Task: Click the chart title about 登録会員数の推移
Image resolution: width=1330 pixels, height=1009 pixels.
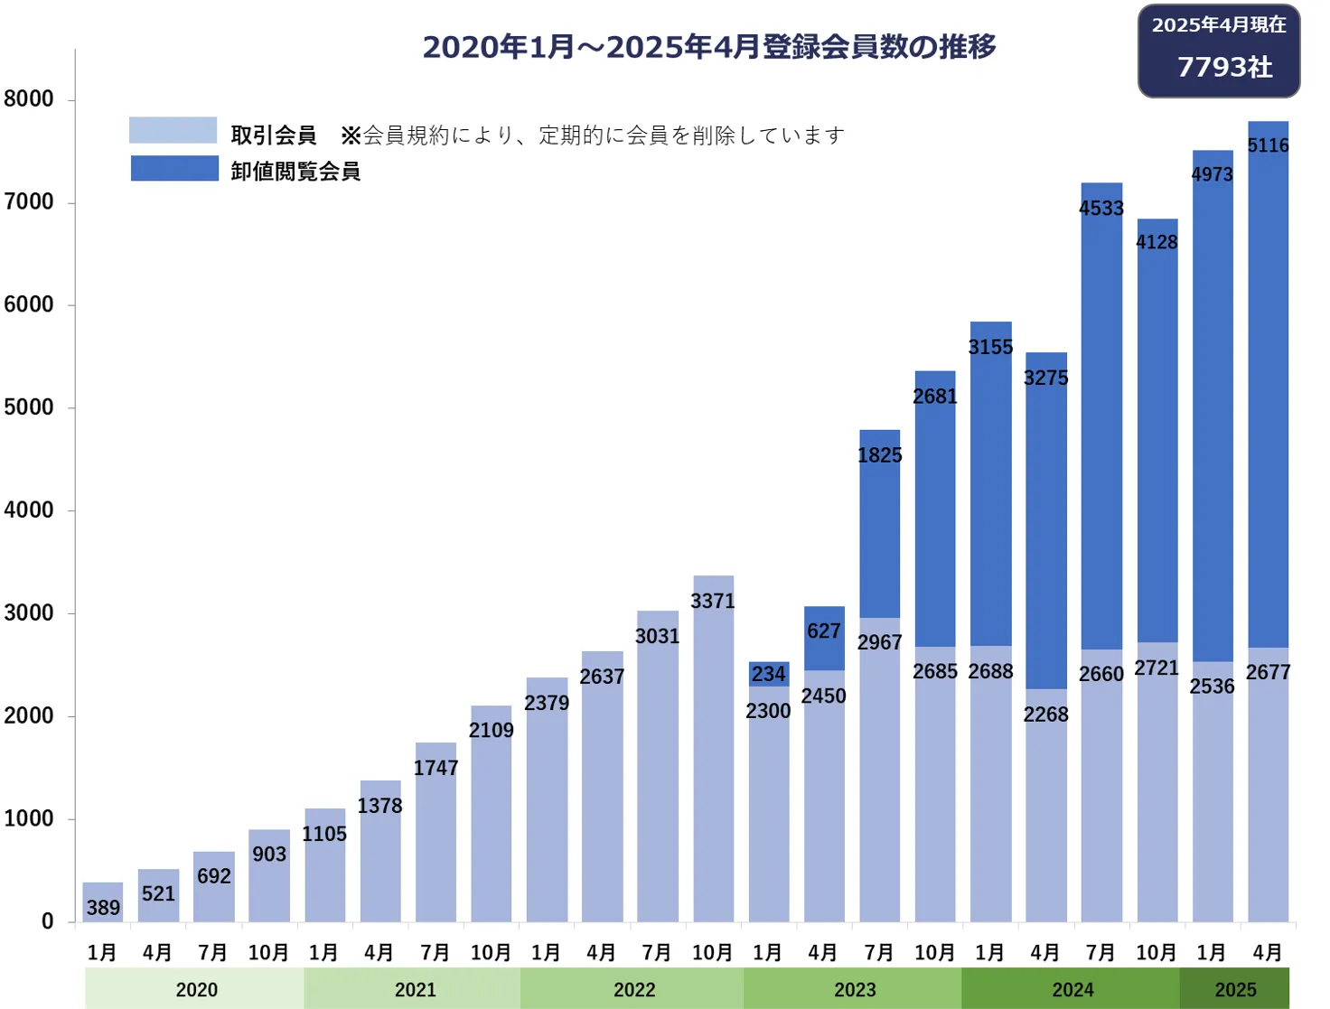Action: coord(709,47)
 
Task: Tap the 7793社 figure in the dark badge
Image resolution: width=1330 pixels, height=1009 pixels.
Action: coord(1224,67)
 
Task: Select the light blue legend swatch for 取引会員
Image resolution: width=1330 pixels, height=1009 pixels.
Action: coord(173,130)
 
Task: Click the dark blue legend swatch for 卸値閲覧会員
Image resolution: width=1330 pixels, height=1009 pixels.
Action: coord(174,169)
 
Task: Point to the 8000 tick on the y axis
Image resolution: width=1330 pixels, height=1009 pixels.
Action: coord(29,98)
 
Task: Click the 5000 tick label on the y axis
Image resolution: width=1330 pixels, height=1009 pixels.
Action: coord(29,407)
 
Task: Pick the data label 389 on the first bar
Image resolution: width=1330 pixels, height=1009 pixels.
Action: coord(103,907)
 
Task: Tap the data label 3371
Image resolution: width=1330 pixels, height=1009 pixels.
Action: coord(713,601)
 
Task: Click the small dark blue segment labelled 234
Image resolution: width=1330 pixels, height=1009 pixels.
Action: coord(769,674)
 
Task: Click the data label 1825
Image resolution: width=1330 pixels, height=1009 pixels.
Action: coord(880,455)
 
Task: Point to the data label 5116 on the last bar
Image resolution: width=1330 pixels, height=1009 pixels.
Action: coord(1269,145)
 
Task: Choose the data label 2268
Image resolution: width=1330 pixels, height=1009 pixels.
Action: coord(1046,715)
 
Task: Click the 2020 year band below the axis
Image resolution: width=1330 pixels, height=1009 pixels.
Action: coord(196,989)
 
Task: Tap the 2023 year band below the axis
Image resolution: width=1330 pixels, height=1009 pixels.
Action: coord(854,989)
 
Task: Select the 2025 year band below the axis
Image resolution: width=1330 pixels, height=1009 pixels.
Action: coord(1235,989)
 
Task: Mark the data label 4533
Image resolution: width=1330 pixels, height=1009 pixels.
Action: coord(1101,209)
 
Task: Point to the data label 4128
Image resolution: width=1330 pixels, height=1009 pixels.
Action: coord(1157,242)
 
